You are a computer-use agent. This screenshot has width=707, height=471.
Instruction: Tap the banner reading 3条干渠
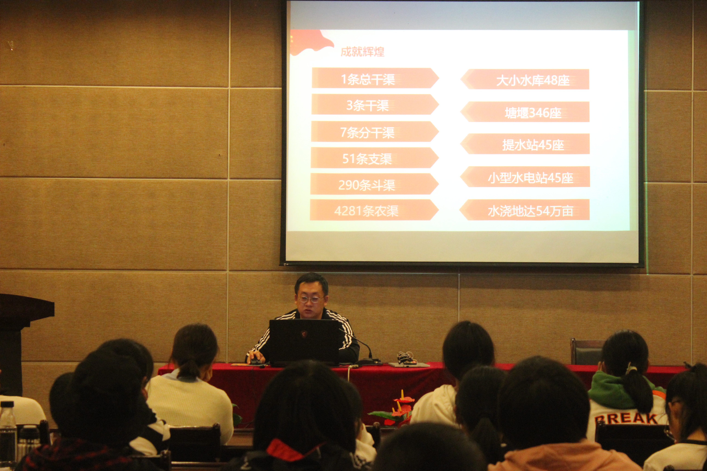[x=375, y=105]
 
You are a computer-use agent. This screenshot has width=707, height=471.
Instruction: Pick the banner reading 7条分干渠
[x=375, y=132]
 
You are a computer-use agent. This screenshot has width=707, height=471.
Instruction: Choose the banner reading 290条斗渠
[x=374, y=184]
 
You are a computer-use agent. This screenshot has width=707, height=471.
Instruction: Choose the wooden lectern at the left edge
[x=21, y=344]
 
